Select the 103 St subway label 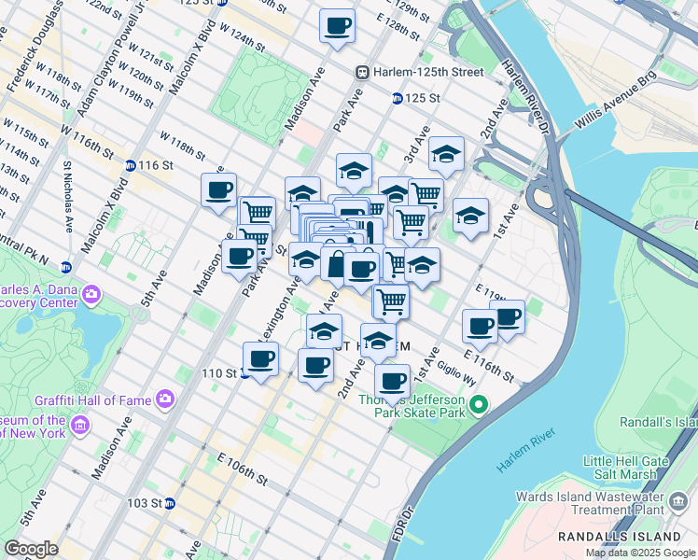(x=144, y=503)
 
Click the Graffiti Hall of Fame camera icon (x=164, y=400)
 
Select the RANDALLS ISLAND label (x=619, y=537)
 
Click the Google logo (x=32, y=548)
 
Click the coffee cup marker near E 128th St (x=337, y=25)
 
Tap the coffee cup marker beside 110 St (x=260, y=358)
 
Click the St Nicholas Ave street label (x=68, y=196)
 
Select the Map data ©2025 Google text (x=639, y=553)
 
